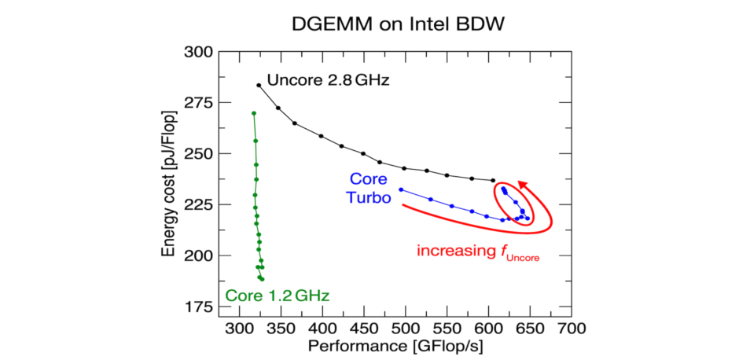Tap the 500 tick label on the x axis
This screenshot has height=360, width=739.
[x=406, y=326]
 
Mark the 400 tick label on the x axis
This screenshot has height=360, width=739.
[x=322, y=326]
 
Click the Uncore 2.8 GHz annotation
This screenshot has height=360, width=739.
[x=328, y=80]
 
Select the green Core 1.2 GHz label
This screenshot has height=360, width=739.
[x=277, y=296]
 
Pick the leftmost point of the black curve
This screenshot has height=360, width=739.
[x=259, y=85]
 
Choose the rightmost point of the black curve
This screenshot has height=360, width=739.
[x=493, y=181]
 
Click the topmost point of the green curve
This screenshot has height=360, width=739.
[x=253, y=113]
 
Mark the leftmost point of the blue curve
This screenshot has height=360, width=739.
[x=400, y=189]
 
